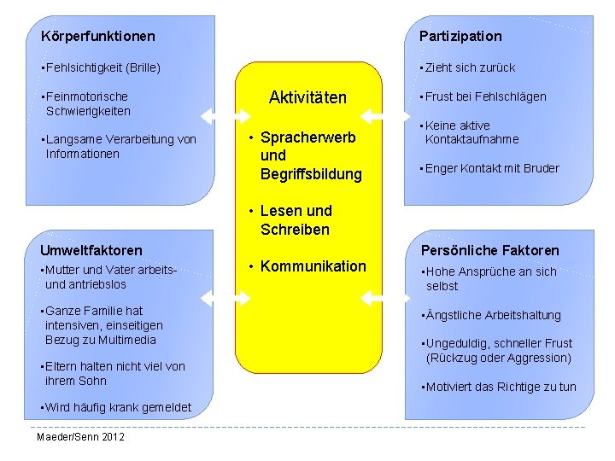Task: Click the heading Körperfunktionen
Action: [98, 36]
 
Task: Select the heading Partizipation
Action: [460, 36]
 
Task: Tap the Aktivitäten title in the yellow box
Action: [307, 97]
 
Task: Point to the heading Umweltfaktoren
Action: [91, 250]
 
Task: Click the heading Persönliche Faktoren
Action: [489, 250]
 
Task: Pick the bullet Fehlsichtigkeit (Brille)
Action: [102, 67]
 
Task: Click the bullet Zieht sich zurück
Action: [469, 67]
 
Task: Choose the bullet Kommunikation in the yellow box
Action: [313, 266]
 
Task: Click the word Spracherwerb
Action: [307, 137]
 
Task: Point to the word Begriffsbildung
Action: [311, 174]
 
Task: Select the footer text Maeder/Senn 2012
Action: [80, 437]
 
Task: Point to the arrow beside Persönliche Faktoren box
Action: [381, 296]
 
